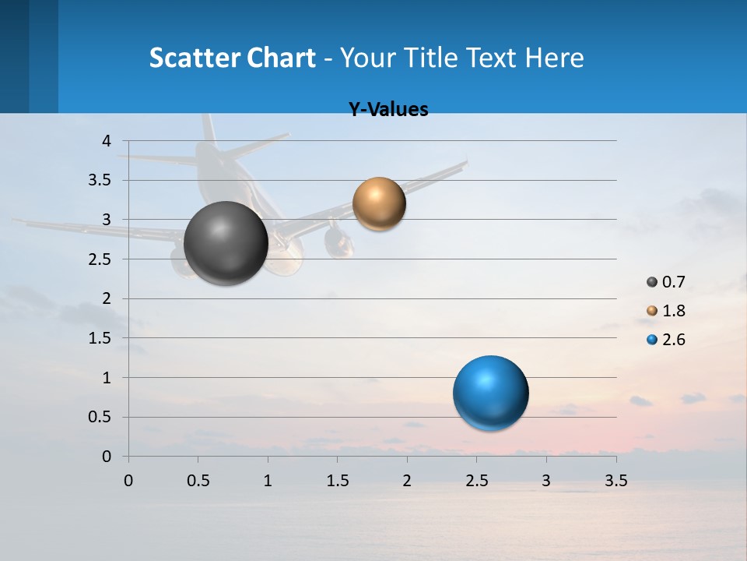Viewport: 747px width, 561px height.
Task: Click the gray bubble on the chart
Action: click(x=226, y=243)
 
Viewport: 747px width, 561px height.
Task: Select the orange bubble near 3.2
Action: click(x=379, y=204)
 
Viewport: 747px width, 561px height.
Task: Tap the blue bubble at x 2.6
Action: click(x=490, y=393)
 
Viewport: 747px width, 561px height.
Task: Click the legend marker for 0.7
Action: click(x=652, y=282)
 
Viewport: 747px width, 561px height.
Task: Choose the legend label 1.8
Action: click(x=674, y=311)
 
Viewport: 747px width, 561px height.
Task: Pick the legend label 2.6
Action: click(x=674, y=340)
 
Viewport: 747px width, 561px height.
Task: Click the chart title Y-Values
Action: click(x=388, y=110)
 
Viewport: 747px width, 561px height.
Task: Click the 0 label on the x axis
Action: click(x=128, y=481)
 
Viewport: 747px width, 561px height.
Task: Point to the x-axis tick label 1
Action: click(x=268, y=481)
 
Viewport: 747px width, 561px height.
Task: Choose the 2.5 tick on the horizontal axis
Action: click(x=476, y=481)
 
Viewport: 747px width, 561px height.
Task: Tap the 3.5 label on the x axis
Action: click(x=615, y=481)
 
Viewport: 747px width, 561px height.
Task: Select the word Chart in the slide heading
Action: click(x=280, y=58)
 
